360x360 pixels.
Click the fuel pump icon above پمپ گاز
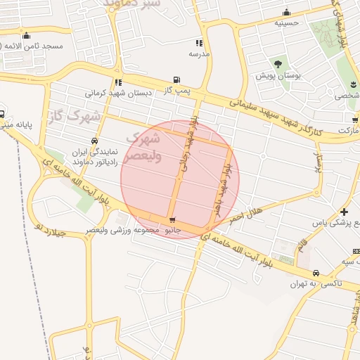pos(176,80)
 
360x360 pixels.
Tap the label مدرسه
pos(199,53)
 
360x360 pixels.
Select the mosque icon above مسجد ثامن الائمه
pos(27,36)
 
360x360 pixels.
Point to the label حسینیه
pos(286,22)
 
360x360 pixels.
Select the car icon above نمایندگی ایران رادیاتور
pos(94,141)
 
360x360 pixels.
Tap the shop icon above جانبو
pos(172,221)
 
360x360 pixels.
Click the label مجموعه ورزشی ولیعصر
pos(118,230)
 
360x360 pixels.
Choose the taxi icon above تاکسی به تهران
pos(316,273)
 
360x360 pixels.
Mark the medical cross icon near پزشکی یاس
pos(343,212)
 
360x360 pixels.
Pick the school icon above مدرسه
pos(199,43)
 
